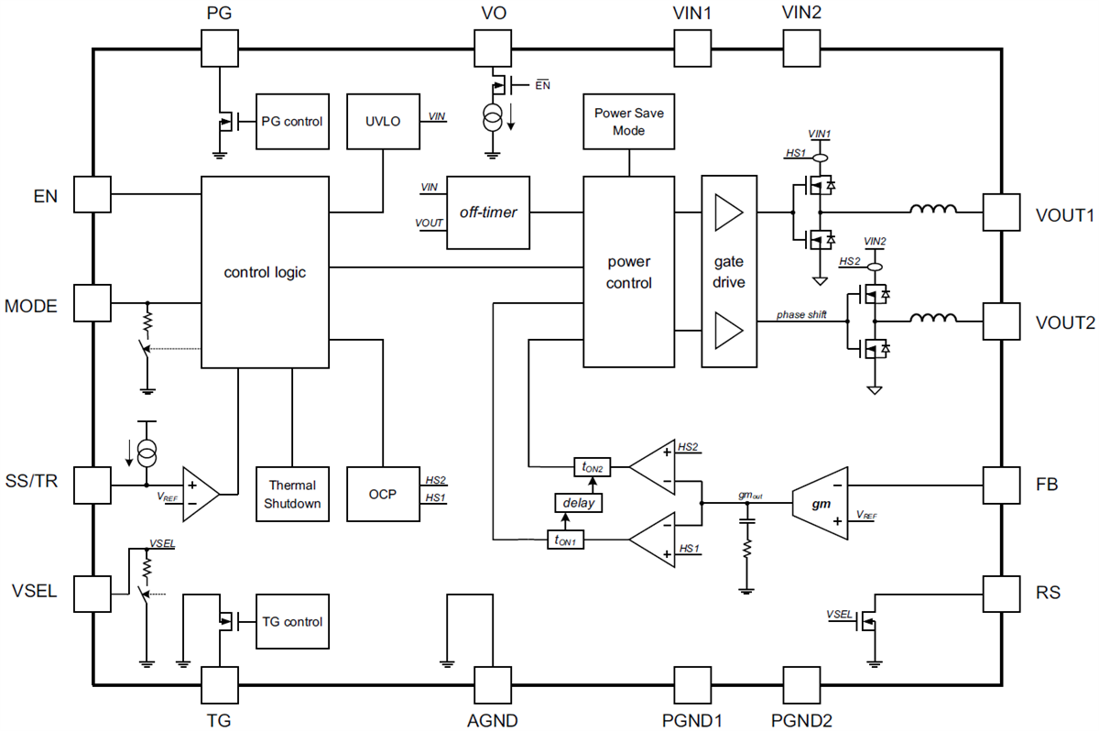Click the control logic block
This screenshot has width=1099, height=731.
pyautogui.click(x=265, y=272)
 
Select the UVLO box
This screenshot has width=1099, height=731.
pyautogui.click(x=383, y=120)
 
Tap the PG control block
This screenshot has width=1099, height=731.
pyautogui.click(x=292, y=120)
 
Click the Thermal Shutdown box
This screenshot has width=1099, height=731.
pyautogui.click(x=292, y=495)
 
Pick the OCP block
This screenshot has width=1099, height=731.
pyautogui.click(x=383, y=495)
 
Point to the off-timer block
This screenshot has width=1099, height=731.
pyautogui.click(x=488, y=213)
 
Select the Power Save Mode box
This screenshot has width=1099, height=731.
pyautogui.click(x=630, y=121)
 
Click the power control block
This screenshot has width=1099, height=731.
pyautogui.click(x=629, y=272)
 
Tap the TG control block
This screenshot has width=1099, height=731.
pyautogui.click(x=292, y=622)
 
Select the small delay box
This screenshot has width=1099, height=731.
pyautogui.click(x=579, y=502)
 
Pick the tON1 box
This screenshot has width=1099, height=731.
pyautogui.click(x=565, y=540)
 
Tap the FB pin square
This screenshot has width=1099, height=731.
pyautogui.click(x=1001, y=483)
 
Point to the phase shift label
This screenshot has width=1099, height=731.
pyautogui.click(x=803, y=315)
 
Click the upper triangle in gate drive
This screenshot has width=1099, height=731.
pyautogui.click(x=729, y=213)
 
